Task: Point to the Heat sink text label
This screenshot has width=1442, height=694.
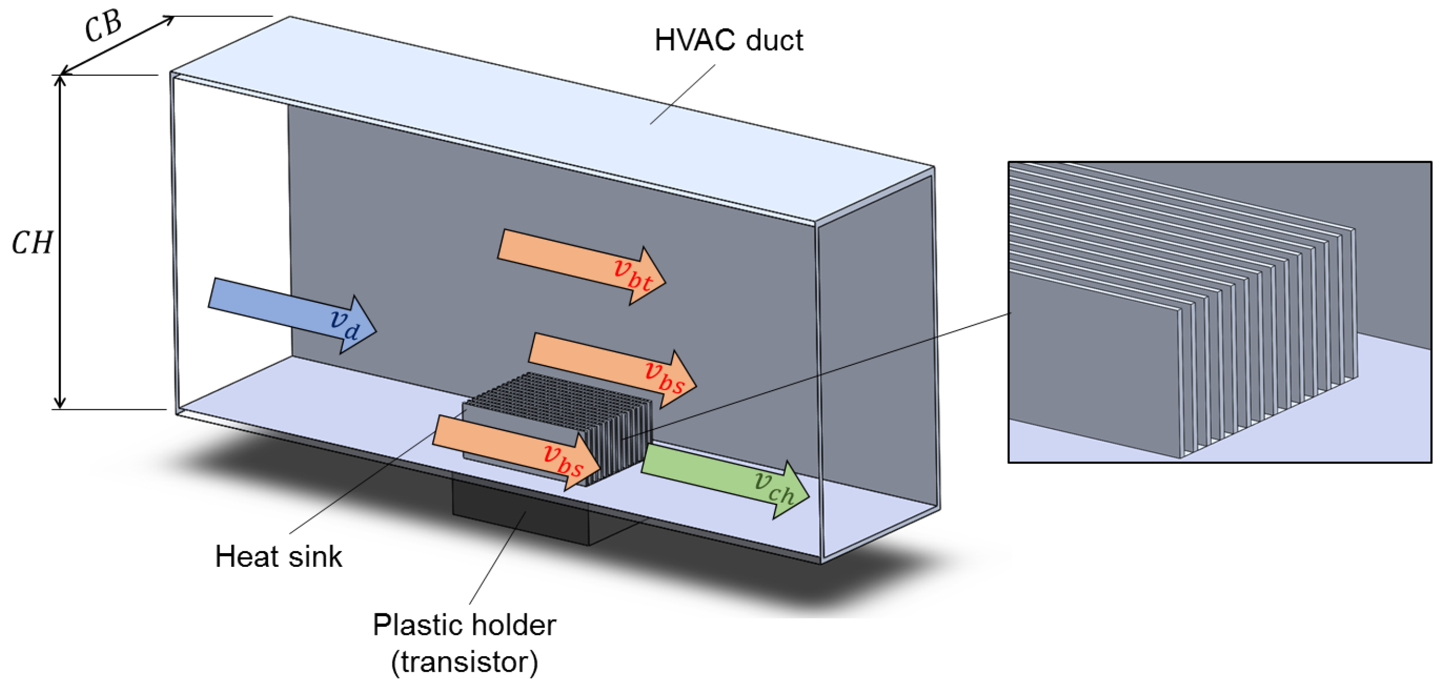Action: (x=278, y=556)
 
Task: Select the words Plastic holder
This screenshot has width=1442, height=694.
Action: (x=464, y=625)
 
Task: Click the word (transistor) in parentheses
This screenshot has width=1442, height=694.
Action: (x=464, y=662)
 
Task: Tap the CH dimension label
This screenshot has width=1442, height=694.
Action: (x=32, y=243)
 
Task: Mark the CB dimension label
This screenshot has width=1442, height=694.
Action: (x=103, y=26)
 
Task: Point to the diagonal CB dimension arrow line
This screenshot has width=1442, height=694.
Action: (x=118, y=45)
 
